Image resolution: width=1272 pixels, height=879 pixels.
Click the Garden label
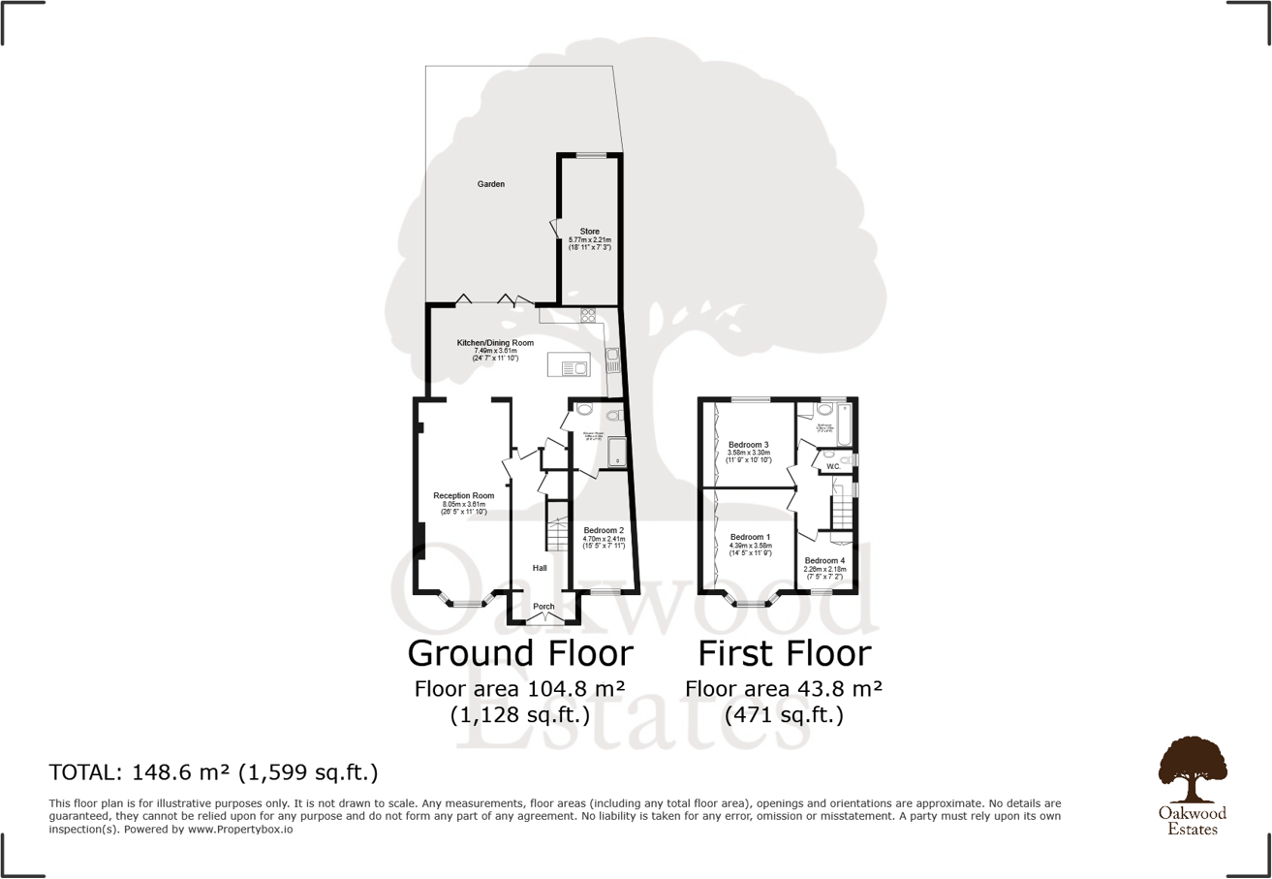click(x=490, y=184)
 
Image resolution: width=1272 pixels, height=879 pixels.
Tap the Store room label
click(x=589, y=232)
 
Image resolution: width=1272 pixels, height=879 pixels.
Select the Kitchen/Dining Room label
click(x=495, y=343)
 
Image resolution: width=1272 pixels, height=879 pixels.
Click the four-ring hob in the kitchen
click(x=587, y=314)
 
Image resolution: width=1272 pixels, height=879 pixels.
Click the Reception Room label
click(x=463, y=496)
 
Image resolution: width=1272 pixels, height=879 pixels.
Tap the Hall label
click(x=541, y=568)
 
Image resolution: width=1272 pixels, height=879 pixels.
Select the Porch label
click(x=544, y=607)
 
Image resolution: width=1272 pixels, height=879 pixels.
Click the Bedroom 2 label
click(x=604, y=530)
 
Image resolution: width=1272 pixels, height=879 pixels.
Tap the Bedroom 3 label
click(x=748, y=445)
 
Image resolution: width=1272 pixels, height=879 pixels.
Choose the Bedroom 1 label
click(x=750, y=537)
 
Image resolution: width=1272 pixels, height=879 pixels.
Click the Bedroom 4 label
click(x=824, y=561)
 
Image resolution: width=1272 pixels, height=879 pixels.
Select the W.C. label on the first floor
click(x=833, y=467)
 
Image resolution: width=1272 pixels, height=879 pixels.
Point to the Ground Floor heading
click(x=520, y=653)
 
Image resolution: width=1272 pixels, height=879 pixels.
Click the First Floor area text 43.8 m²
click(x=784, y=689)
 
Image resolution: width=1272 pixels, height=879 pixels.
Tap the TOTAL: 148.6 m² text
click(x=213, y=772)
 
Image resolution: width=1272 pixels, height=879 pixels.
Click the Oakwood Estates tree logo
click(x=1192, y=771)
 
